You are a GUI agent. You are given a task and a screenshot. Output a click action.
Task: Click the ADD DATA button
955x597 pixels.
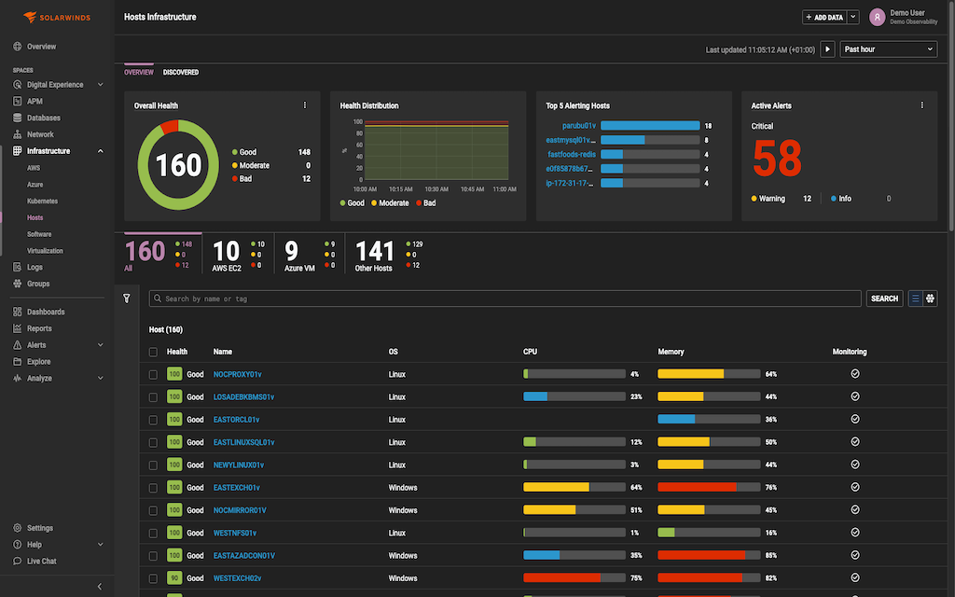(x=824, y=17)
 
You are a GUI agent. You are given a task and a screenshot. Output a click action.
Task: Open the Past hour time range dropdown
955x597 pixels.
(x=888, y=49)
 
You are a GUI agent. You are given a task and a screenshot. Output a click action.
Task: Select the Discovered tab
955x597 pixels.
(x=181, y=72)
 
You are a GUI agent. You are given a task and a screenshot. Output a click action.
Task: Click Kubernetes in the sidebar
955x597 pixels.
(x=42, y=201)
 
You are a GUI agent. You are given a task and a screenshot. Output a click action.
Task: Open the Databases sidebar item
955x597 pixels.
(x=43, y=118)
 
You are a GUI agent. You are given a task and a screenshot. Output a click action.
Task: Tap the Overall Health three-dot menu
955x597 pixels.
(x=304, y=105)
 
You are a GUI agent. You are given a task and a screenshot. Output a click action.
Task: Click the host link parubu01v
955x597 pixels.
(x=579, y=125)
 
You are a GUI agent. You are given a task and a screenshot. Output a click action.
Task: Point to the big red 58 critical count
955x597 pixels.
(x=777, y=160)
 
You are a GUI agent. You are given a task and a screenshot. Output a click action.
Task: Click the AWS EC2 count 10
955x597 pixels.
(x=227, y=251)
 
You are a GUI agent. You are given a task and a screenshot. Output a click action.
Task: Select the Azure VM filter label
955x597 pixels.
(x=299, y=269)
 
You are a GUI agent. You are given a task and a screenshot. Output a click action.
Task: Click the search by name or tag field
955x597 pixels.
(x=505, y=298)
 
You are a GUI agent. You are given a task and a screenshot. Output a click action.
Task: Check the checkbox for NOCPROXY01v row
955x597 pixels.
(x=153, y=374)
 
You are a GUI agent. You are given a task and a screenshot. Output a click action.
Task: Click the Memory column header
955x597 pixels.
(x=671, y=352)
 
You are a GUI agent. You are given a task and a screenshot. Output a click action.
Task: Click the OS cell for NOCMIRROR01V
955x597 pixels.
(x=403, y=510)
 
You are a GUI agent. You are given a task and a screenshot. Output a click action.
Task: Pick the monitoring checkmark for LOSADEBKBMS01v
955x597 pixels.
(x=854, y=396)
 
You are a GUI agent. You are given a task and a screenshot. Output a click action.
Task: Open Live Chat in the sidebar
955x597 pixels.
(x=41, y=561)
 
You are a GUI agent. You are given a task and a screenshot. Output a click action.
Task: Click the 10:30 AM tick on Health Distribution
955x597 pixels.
(x=436, y=189)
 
